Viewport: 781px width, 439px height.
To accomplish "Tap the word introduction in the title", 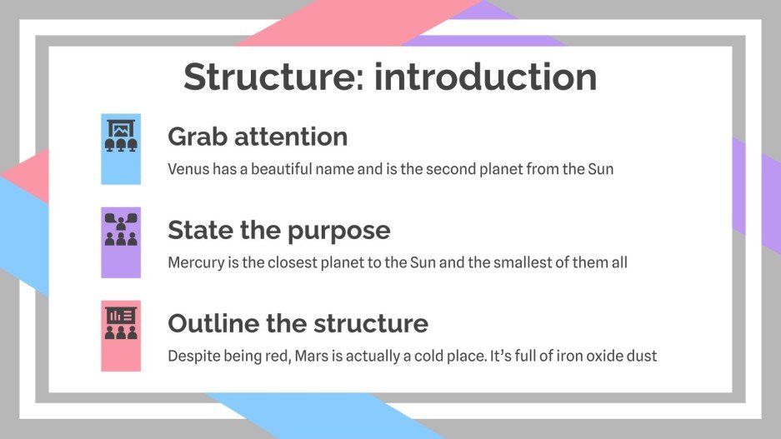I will tap(485, 77).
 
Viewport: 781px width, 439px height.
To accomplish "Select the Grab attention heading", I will tap(258, 136).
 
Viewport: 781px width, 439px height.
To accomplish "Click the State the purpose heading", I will tap(278, 229).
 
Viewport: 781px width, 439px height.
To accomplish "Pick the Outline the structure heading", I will tap(298, 322).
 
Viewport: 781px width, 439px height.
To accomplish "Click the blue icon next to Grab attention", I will tap(121, 148).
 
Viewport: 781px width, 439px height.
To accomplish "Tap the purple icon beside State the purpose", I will tap(121, 242).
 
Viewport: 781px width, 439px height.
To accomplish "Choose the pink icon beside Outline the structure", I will tap(121, 335).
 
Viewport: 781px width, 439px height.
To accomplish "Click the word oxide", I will tap(599, 356).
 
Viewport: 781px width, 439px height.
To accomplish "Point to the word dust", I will tap(642, 356).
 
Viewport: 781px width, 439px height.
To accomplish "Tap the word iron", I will tap(562, 356).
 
